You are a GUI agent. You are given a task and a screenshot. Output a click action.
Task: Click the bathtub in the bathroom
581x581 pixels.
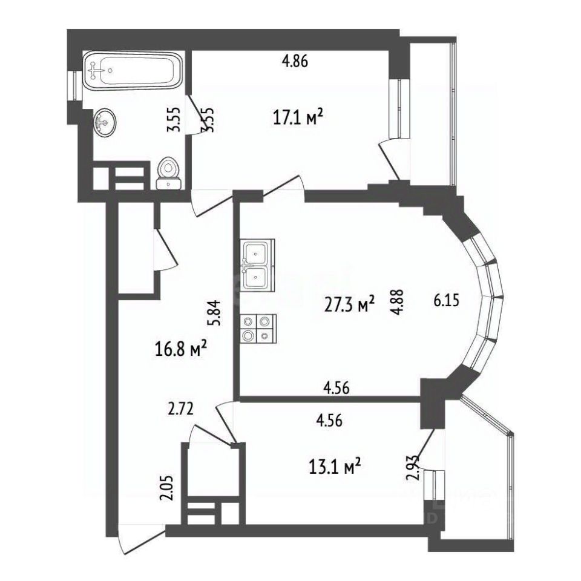(133, 70)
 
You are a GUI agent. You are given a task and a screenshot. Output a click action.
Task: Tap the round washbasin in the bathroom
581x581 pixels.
(105, 123)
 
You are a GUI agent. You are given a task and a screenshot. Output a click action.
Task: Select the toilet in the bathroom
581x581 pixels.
(169, 173)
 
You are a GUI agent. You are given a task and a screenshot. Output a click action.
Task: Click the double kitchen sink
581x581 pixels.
(258, 264)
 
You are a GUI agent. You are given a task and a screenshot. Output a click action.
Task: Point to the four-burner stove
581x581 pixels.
(258, 329)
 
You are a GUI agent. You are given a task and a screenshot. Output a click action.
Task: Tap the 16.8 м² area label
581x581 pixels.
(180, 349)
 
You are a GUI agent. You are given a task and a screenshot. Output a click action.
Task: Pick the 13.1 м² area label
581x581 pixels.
(335, 466)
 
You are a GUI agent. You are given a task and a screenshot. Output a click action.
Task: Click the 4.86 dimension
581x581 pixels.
(295, 61)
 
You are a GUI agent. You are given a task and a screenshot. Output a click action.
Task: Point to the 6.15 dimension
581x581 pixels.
(447, 300)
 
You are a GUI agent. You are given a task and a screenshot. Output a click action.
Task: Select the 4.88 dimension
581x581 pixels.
(398, 302)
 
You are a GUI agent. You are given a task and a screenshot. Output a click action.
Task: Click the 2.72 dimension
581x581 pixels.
(181, 410)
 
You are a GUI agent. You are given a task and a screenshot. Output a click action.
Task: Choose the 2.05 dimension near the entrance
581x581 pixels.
(166, 488)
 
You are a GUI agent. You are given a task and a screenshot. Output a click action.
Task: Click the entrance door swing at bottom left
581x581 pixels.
(141, 539)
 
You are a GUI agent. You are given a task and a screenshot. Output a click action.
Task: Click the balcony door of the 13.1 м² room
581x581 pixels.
(427, 450)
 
